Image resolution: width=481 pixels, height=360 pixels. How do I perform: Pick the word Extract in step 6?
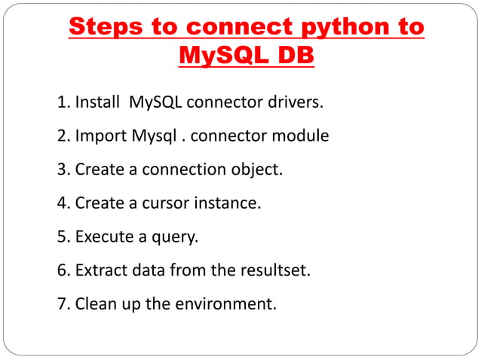click(101, 271)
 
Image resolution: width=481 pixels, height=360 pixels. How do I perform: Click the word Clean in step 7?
click(96, 305)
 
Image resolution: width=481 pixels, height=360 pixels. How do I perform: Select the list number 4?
click(63, 203)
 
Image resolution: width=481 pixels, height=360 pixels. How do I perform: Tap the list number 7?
click(63, 305)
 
